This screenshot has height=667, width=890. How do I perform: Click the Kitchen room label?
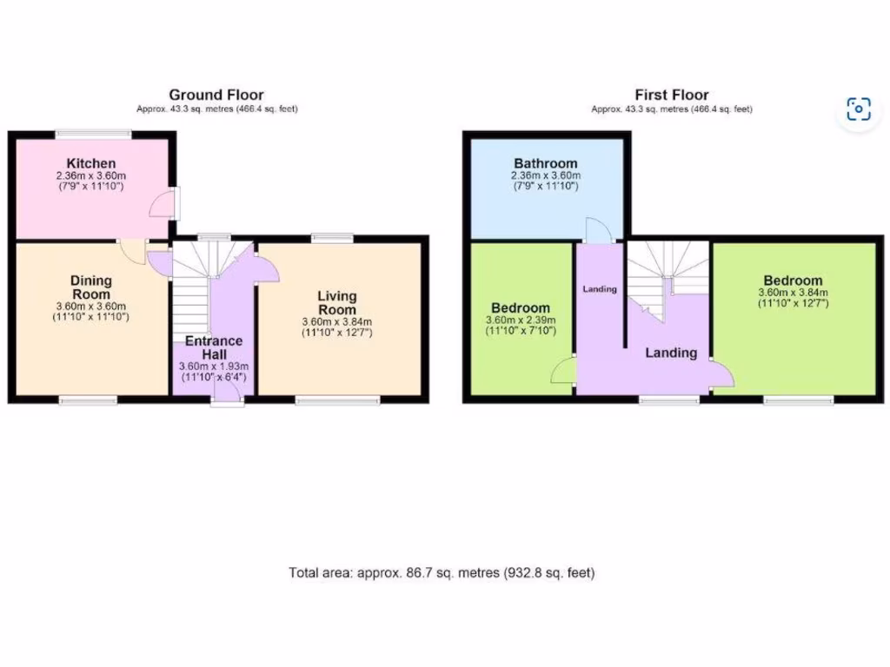coord(91,163)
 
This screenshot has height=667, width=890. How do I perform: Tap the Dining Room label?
coord(91,287)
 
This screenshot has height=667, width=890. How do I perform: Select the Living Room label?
coord(336,303)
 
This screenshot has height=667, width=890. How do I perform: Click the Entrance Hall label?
coord(213,347)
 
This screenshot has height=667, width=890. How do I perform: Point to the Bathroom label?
coord(545,163)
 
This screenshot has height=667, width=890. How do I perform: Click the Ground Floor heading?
coord(216,95)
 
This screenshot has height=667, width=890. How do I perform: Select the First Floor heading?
coord(672,95)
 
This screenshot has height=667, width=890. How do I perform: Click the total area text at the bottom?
coord(442,573)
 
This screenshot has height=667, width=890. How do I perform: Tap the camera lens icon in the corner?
coord(859,109)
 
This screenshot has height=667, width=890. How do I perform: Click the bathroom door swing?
coord(599,229)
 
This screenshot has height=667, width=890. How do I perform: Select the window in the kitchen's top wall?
coord(94,133)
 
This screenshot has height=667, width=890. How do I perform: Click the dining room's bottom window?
coord(88,400)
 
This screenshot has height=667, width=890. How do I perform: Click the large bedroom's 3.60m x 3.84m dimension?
coord(793,293)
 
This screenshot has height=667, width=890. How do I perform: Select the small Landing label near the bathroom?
coord(599,289)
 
